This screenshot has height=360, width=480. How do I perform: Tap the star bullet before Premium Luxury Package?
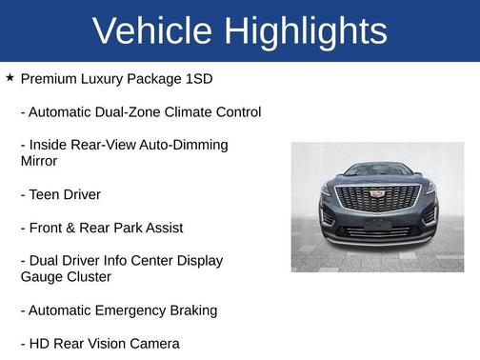point(10,77)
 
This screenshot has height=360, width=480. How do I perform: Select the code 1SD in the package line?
point(196,78)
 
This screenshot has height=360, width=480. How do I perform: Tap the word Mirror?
point(39,161)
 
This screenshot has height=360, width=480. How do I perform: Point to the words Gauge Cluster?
point(66,277)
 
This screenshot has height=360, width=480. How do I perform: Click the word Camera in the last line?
point(152,343)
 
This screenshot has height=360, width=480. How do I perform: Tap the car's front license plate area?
point(378,225)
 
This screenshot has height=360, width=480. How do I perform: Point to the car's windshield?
point(378,170)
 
